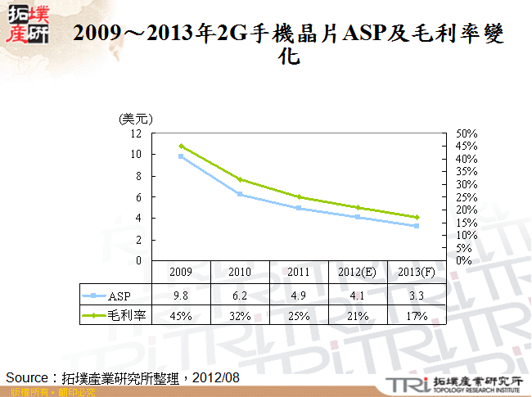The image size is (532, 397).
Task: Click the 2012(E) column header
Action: coord(357,272)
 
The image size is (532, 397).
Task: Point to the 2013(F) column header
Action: coord(415,272)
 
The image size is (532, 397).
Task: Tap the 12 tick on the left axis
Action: coord(135,133)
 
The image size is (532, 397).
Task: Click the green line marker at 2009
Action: coord(181,146)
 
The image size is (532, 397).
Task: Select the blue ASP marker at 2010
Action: coord(240,194)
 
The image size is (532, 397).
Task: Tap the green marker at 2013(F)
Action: coord(416,217)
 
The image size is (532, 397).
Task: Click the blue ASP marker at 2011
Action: coord(298,208)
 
